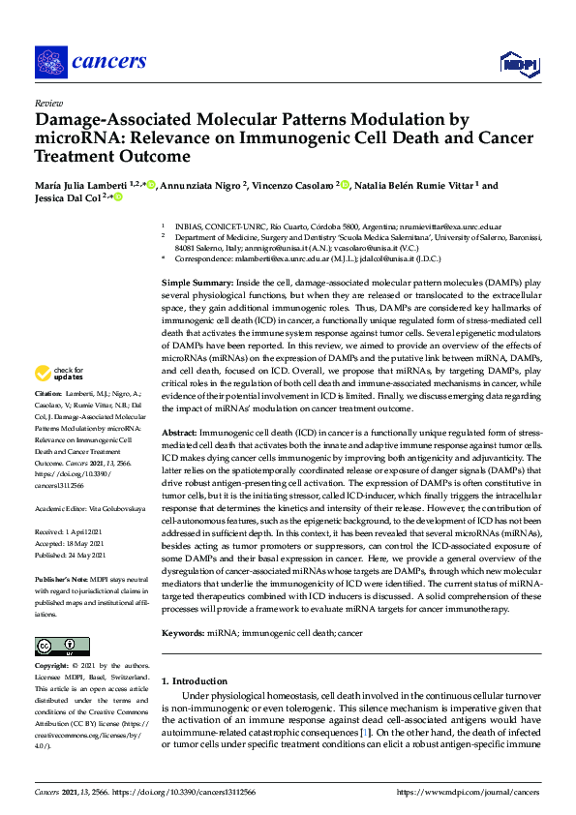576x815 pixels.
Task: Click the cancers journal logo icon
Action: [49, 62]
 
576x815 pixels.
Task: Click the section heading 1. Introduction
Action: [195, 681]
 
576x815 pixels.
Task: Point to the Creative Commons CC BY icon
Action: [55, 647]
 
